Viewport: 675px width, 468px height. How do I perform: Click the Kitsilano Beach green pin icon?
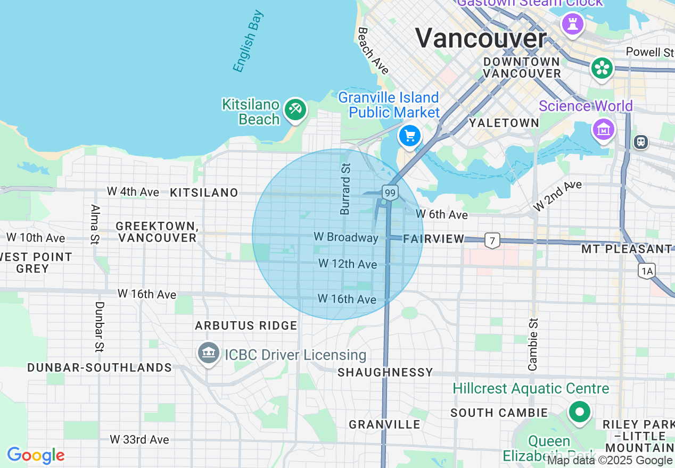tap(294, 110)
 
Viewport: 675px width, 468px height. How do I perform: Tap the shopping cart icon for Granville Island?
tap(409, 136)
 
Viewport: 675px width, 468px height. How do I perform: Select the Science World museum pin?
tap(604, 129)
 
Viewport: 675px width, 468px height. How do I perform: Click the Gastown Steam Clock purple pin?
tap(573, 23)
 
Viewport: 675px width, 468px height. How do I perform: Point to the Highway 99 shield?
tap(390, 193)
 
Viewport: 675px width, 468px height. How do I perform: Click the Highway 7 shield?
tap(492, 241)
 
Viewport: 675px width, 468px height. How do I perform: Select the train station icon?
tap(641, 141)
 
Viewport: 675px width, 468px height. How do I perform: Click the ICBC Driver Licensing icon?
tap(209, 353)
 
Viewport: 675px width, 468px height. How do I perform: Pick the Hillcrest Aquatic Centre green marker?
tap(579, 412)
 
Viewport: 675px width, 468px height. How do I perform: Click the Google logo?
tap(36, 455)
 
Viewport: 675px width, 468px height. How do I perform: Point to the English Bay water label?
tap(248, 40)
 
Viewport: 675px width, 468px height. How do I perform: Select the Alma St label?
tap(95, 224)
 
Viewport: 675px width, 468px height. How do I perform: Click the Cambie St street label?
tap(533, 344)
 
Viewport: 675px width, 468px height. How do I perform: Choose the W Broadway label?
tap(346, 237)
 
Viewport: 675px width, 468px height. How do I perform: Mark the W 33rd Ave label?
tap(139, 439)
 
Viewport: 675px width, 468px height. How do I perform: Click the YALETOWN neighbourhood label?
tap(504, 123)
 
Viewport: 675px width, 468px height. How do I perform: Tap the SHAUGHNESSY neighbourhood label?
tap(385, 372)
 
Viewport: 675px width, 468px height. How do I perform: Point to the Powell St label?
tap(649, 52)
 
